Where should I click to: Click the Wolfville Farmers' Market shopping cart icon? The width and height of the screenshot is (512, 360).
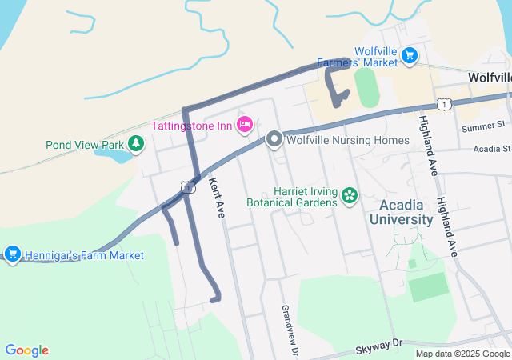coord(410,55)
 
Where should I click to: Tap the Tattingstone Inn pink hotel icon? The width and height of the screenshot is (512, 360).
coord(245,124)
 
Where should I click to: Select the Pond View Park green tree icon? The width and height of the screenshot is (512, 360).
coord(137,144)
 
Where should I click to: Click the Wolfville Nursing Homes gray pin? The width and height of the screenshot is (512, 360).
coord(274,140)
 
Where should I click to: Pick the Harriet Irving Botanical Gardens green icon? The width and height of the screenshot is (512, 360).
coord(349,196)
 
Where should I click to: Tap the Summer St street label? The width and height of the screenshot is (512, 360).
coord(484,126)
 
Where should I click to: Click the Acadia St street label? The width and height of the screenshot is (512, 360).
coord(491,149)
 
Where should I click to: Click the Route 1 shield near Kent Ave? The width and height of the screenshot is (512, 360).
coord(187,186)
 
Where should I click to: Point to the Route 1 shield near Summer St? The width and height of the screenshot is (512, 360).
coord(444,103)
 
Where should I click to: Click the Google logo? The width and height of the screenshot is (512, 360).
coord(26,350)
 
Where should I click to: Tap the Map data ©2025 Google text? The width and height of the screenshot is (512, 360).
coord(462,354)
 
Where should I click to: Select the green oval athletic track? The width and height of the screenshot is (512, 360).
coord(367,87)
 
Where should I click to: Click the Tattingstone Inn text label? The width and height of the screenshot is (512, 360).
coord(192,125)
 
